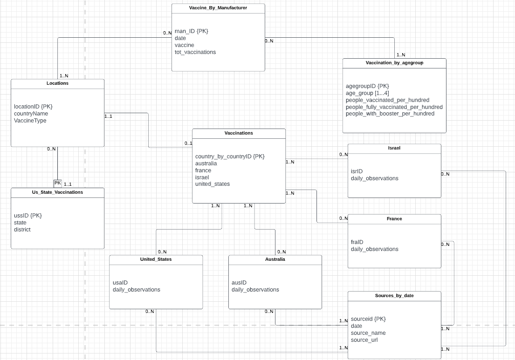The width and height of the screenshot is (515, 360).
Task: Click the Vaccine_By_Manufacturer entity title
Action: click(x=218, y=8)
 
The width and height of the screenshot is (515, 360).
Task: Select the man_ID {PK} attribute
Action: click(x=191, y=31)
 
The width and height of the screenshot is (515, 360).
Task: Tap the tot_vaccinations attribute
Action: click(x=195, y=52)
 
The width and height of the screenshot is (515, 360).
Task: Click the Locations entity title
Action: click(x=57, y=83)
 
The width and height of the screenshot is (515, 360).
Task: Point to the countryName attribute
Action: click(x=31, y=114)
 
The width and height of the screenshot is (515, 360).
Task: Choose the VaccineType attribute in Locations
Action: click(x=30, y=121)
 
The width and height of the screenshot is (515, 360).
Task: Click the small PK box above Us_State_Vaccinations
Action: click(x=58, y=183)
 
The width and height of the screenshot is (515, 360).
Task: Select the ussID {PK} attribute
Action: click(x=28, y=216)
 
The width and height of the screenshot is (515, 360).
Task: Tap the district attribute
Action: click(x=22, y=230)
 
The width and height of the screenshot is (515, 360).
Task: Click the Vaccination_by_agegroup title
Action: click(x=394, y=62)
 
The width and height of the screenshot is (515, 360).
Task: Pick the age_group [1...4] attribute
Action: click(x=367, y=93)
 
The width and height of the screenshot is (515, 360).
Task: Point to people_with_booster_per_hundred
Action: click(x=390, y=114)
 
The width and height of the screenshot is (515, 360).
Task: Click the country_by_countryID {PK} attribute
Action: click(x=230, y=156)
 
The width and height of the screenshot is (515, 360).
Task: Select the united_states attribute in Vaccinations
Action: click(x=213, y=184)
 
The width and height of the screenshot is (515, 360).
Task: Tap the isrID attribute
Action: click(x=357, y=171)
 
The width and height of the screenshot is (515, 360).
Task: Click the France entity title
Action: click(x=394, y=218)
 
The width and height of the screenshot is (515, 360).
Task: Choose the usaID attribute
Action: click(x=120, y=283)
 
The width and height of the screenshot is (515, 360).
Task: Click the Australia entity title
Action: click(x=275, y=259)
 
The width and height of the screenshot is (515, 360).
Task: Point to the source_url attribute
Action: click(x=364, y=340)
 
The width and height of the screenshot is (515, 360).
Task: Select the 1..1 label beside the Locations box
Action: click(x=108, y=116)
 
